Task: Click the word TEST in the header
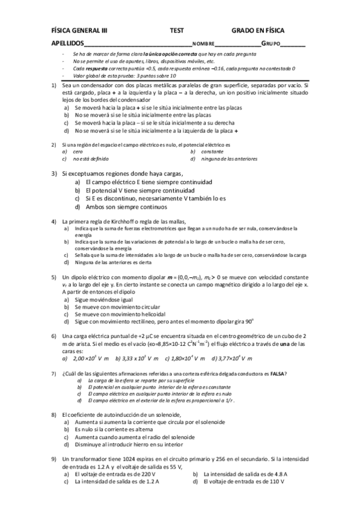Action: [x=177, y=29]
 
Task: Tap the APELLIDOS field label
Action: [x=67, y=44]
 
